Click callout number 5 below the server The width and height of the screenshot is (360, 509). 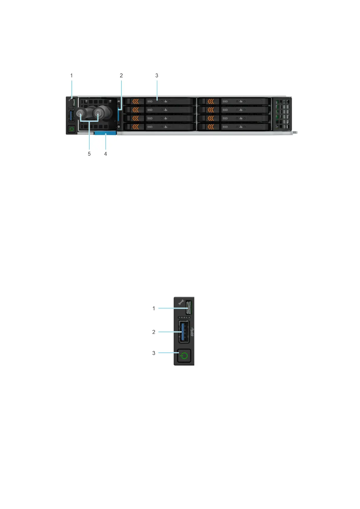pos(89,154)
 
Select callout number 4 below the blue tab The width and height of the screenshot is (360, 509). pos(105,154)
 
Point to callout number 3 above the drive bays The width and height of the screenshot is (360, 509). pos(157,76)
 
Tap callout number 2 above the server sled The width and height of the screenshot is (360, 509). pos(121,76)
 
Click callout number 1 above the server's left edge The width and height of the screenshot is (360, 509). pos(72,76)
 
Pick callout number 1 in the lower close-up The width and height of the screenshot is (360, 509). pos(154,308)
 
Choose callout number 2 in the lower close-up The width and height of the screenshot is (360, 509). pos(154,332)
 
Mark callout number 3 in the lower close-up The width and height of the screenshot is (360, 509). pos(154,353)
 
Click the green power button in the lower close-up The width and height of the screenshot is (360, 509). pos(184,356)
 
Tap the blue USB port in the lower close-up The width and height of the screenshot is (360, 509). pos(184,332)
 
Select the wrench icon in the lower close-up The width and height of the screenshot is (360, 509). pos(181,302)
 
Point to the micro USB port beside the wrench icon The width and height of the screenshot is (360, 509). pos(189,308)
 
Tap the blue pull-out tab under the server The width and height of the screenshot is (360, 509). pos(105,133)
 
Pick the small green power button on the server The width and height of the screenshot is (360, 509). pos(72,129)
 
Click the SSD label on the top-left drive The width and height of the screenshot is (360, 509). pos(150,102)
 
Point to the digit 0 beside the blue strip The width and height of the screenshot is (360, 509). pos(119,126)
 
